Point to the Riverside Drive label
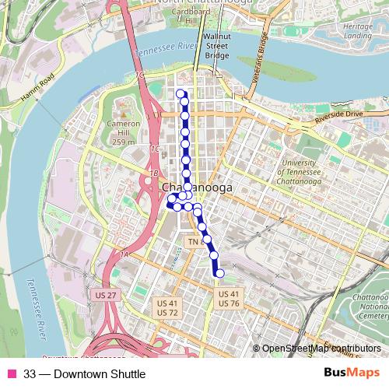coord(340,114)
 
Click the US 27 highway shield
coord(103,296)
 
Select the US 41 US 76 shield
coord(229,299)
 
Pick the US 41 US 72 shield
coord(168,307)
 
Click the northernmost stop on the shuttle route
coord(181,94)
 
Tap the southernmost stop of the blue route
coord(220,272)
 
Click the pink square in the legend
coord(11,373)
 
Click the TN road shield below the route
coord(193,243)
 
